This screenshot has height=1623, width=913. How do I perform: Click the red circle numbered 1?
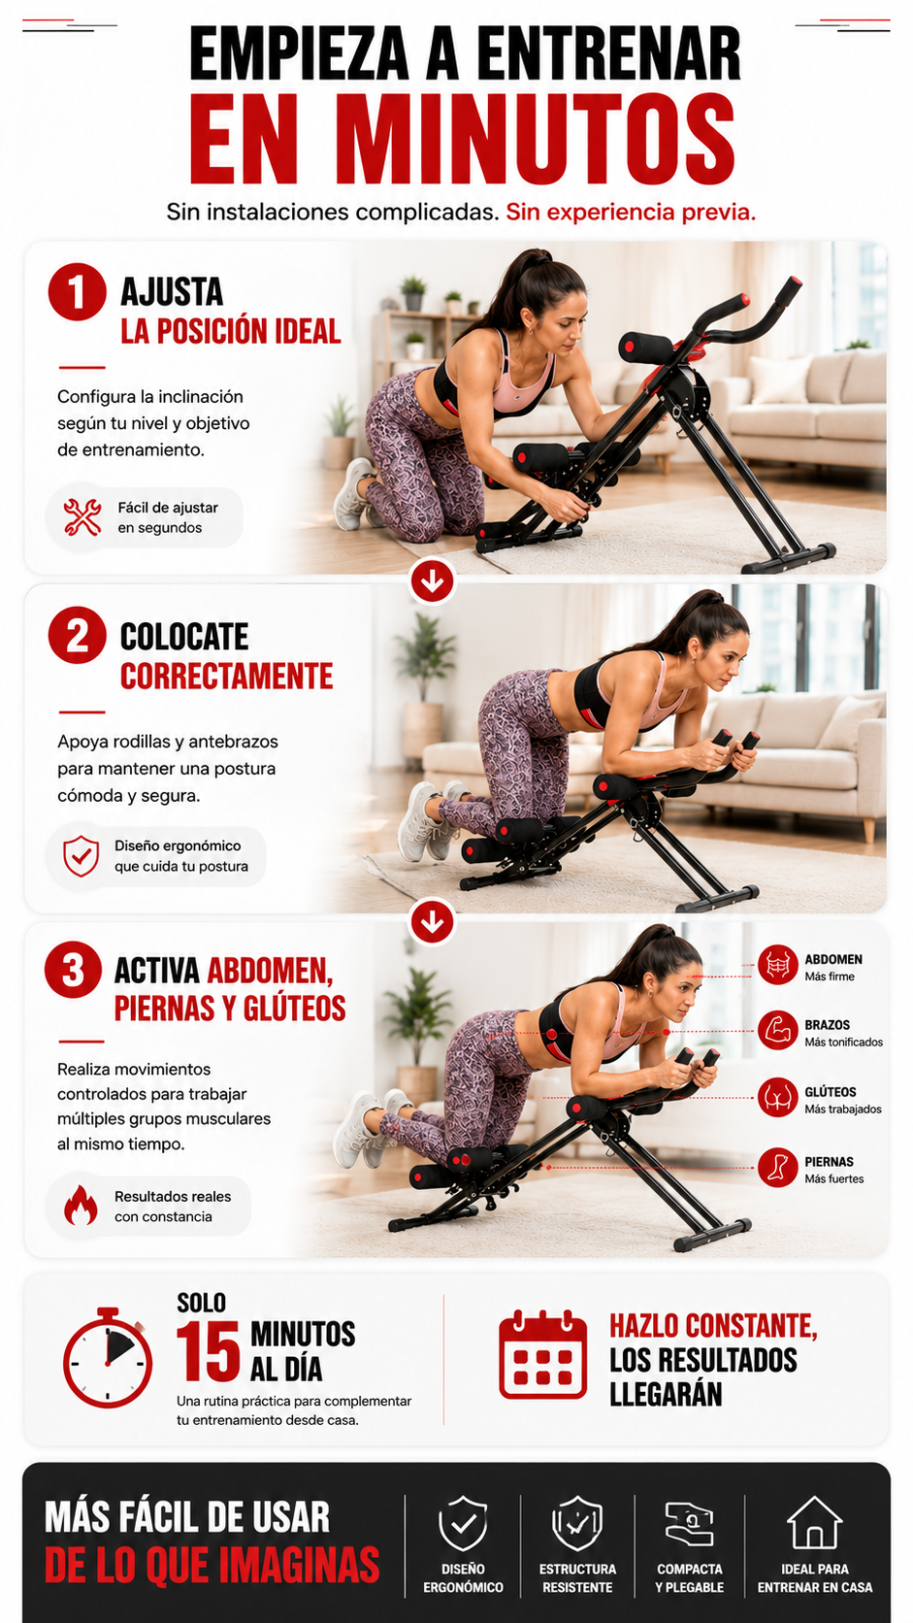[x=78, y=292]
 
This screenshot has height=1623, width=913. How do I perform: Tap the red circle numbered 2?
[x=78, y=636]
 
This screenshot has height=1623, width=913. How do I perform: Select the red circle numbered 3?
[x=73, y=970]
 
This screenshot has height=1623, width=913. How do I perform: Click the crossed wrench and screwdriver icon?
[x=82, y=516]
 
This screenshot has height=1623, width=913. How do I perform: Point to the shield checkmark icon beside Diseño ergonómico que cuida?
[x=82, y=856]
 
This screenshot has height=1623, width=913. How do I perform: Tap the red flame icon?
[x=81, y=1205]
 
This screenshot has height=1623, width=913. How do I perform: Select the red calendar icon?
[x=543, y=1353]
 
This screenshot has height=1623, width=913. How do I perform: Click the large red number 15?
[x=208, y=1352]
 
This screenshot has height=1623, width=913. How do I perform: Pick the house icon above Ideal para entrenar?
[x=815, y=1522]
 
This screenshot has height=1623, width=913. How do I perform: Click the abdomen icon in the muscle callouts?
[x=777, y=965]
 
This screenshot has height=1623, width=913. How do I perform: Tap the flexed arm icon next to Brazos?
[x=777, y=1030]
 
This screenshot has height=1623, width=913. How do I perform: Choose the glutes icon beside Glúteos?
[x=777, y=1098]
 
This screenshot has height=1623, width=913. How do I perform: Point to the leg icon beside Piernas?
[x=777, y=1167]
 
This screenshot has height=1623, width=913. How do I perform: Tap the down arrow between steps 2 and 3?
[x=433, y=922]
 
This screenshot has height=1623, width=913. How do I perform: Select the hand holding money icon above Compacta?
[x=689, y=1523]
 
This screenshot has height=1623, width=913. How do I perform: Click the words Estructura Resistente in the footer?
[x=577, y=1577]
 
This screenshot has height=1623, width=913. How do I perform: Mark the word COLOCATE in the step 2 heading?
[x=184, y=637]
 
